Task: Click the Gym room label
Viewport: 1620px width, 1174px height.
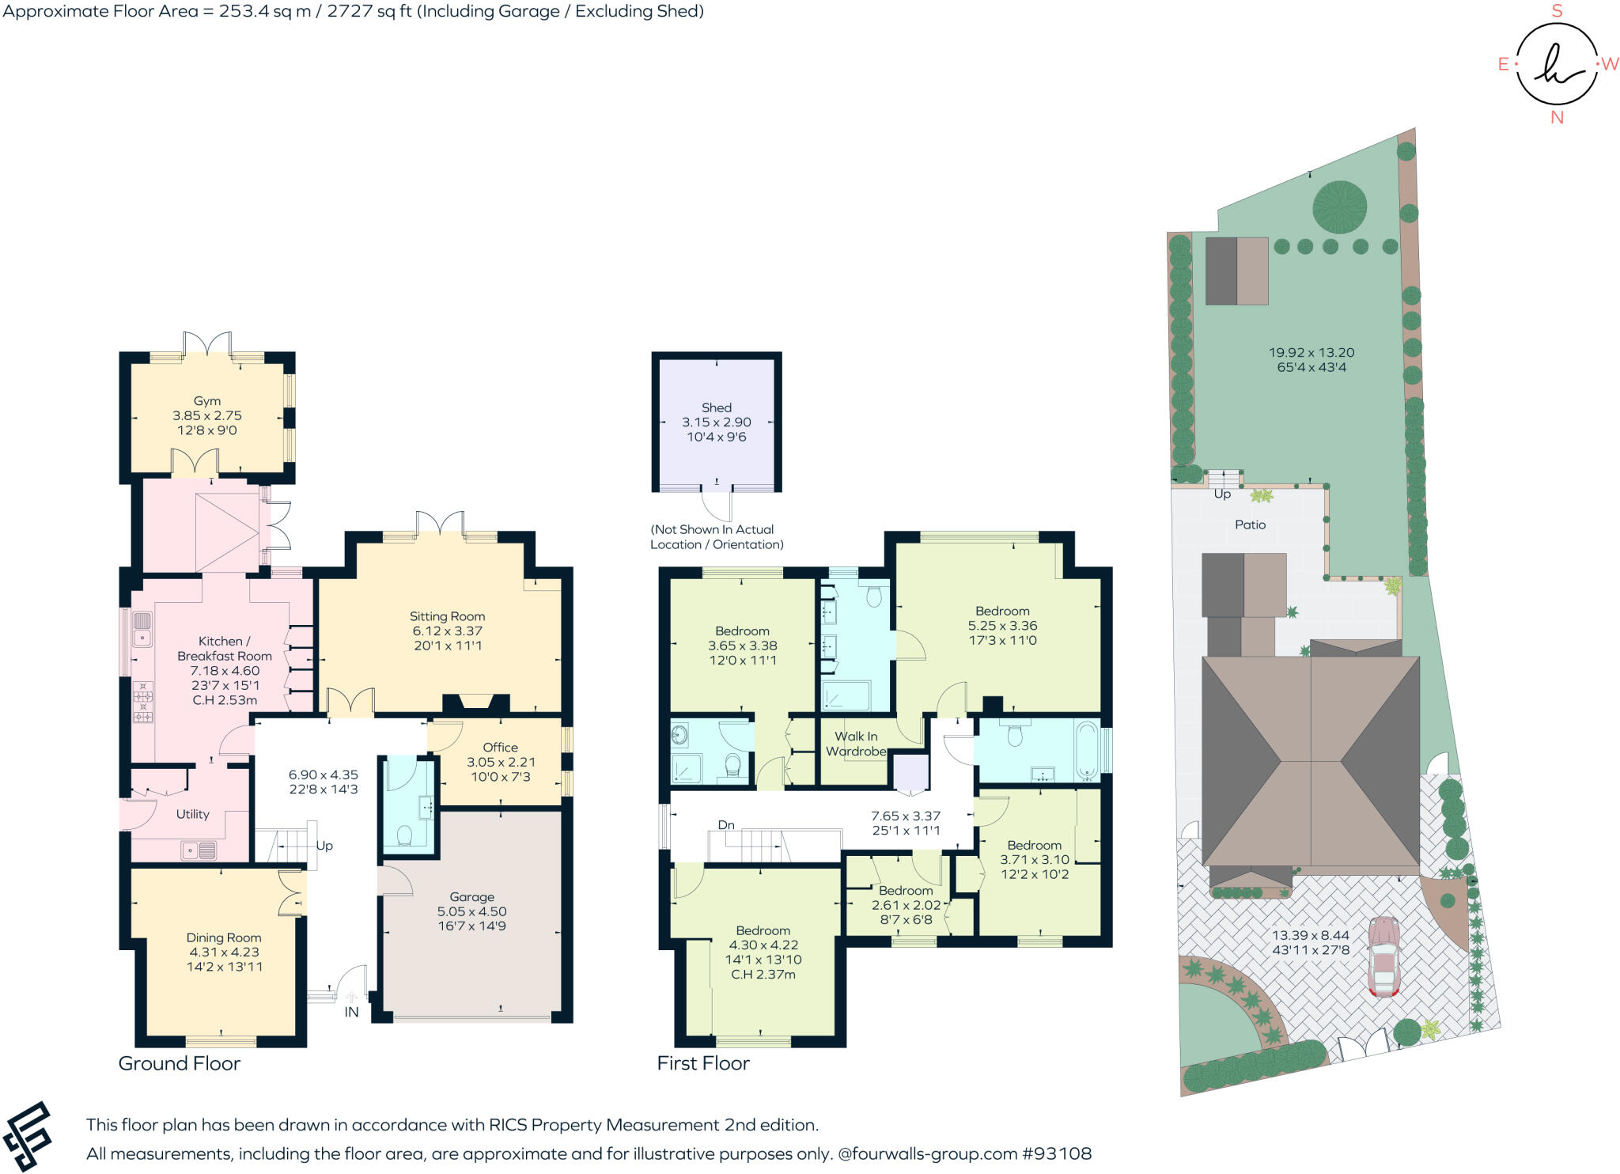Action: coord(207,401)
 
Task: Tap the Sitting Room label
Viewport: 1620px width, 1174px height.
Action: coord(447,616)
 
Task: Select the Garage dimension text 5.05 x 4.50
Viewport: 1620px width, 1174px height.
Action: coord(471,911)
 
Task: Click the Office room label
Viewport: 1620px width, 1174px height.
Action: coord(500,747)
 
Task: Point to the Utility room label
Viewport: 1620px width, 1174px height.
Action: coord(192,814)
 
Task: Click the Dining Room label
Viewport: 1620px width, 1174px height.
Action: coord(224,937)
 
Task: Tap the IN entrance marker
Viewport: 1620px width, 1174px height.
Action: coord(351,1012)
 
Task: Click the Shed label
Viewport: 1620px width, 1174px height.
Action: coord(717,407)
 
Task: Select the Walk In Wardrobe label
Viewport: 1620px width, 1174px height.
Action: coord(856,744)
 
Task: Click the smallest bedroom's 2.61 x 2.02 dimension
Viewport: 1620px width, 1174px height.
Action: coord(907,905)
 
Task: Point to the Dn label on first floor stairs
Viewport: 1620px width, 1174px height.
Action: coord(726,825)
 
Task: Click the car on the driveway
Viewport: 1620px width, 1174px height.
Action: coord(1384,956)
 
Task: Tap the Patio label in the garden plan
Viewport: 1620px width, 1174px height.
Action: coord(1250,525)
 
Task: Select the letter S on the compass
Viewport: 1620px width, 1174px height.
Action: coord(1557,11)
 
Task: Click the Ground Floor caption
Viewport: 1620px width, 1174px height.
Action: coord(180,1063)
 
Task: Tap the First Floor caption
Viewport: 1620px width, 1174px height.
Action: coord(703,1063)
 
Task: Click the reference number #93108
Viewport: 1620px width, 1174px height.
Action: coord(1057,1153)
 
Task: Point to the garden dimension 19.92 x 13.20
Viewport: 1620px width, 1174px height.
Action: coord(1312,353)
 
